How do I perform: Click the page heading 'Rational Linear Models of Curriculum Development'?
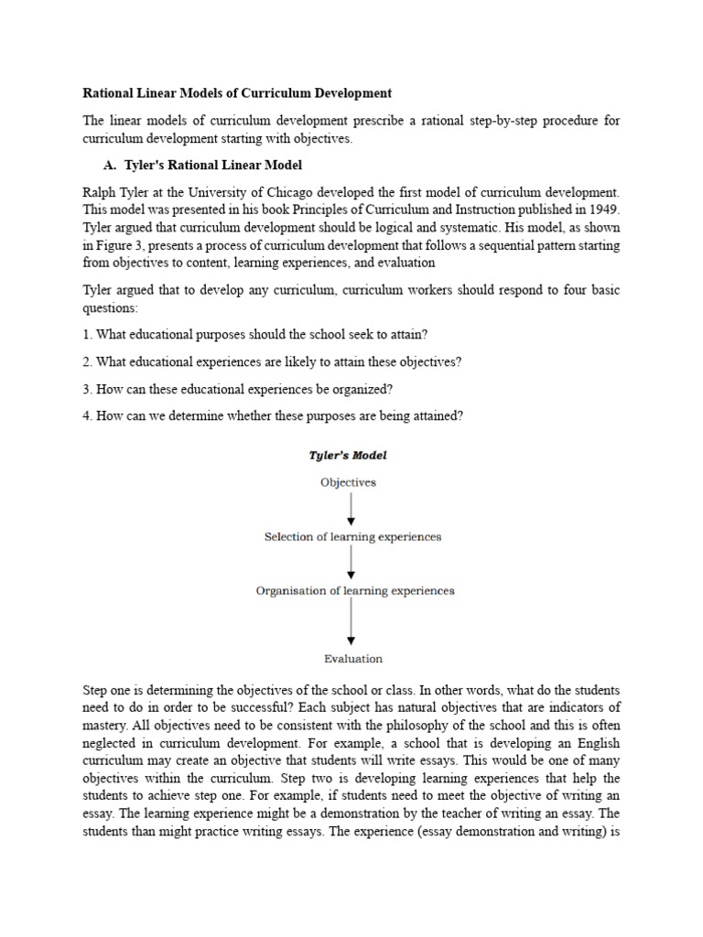tap(237, 93)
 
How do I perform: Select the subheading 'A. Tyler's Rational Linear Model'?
tap(202, 166)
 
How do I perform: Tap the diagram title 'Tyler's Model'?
tap(348, 455)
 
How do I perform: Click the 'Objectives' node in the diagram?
tap(348, 482)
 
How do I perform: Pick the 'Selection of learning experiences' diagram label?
tap(352, 537)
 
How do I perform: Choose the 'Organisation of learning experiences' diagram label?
tap(355, 591)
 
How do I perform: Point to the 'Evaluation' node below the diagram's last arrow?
tap(353, 658)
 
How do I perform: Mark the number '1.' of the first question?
tap(88, 335)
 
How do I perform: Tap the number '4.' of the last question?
tap(88, 416)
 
